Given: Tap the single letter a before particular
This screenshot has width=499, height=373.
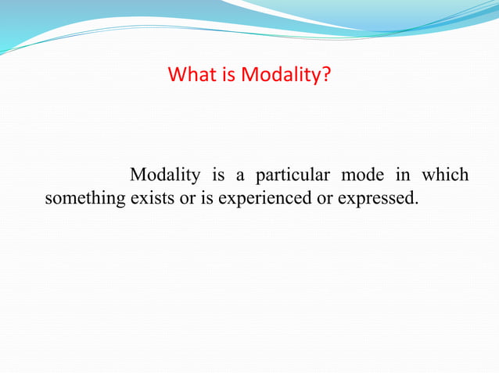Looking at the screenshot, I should coord(239,175).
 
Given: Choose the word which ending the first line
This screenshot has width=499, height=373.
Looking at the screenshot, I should coord(446,174).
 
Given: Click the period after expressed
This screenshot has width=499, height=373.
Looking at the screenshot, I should coord(415,204).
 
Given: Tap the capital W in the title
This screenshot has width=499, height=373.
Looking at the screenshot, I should coord(177,76).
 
